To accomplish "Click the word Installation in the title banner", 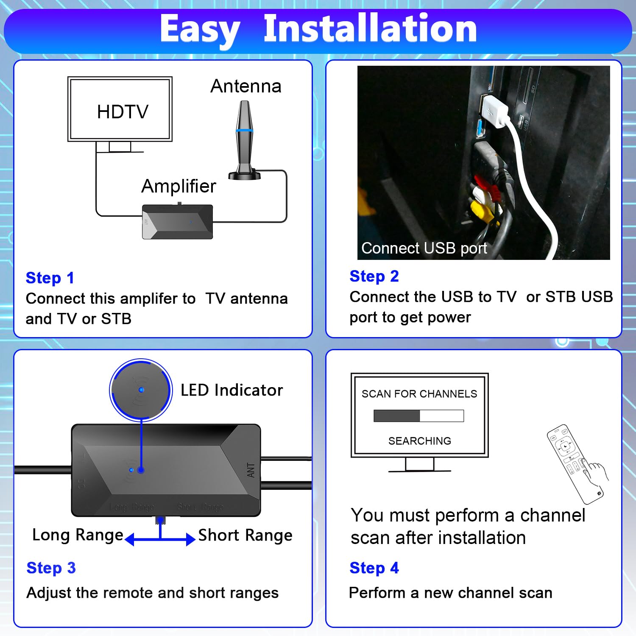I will click(370, 29).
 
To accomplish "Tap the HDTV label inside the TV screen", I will click(123, 112).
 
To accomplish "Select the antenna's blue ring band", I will click(245, 131).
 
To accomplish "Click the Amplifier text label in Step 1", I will click(179, 186).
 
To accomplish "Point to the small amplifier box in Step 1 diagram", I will click(177, 222).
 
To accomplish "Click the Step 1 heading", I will click(50, 278).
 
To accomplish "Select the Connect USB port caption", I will click(424, 248).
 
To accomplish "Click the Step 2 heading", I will click(374, 276).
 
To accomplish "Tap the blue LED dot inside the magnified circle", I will click(141, 390).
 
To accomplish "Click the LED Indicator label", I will click(232, 390).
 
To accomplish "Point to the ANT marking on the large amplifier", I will click(251, 470).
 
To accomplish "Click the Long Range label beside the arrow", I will click(78, 535).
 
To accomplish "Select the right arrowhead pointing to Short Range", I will click(190, 539).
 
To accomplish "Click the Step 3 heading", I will click(51, 568).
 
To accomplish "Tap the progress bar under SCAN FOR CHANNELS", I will click(418, 416).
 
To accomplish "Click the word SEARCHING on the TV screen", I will click(419, 441).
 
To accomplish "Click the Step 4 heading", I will click(374, 568).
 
